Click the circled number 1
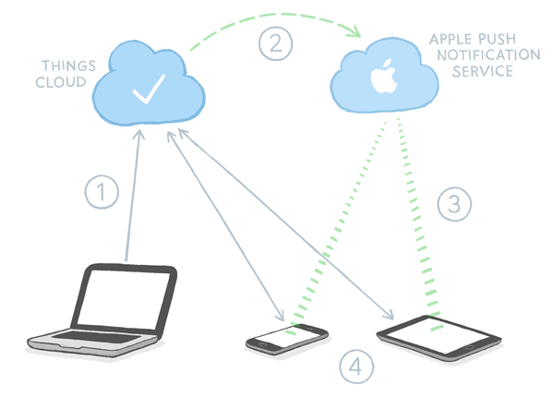(102, 193)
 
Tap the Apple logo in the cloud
(381, 78)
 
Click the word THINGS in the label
(64, 66)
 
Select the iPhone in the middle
(286, 337)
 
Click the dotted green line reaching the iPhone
(337, 226)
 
